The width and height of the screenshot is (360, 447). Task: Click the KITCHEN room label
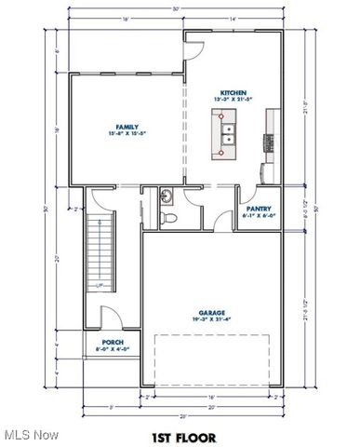pyautogui.click(x=233, y=92)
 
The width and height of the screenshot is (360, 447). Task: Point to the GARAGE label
pyautogui.click(x=210, y=313)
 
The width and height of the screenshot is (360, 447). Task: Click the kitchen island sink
pyautogui.click(x=226, y=129)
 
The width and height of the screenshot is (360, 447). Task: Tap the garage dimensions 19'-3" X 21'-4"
pyautogui.click(x=210, y=320)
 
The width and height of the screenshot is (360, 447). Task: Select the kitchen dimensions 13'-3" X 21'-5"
pyautogui.click(x=233, y=100)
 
